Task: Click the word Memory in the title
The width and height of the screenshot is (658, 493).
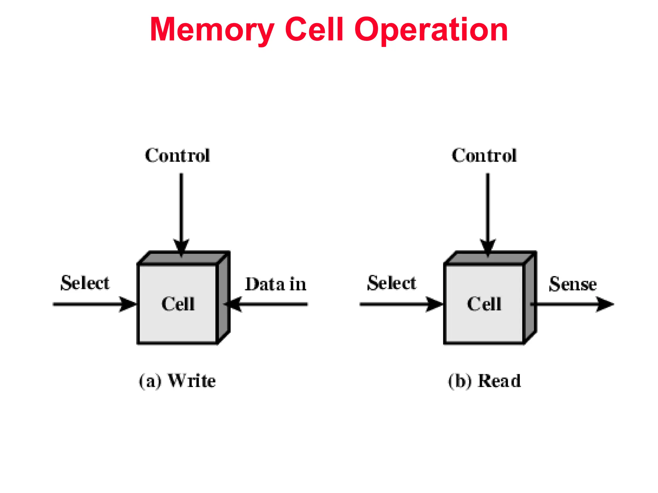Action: pos(212,30)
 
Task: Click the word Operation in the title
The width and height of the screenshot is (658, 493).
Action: pos(431,30)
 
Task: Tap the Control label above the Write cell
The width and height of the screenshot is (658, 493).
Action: pos(177,156)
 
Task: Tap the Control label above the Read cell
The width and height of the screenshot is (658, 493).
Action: pos(484,156)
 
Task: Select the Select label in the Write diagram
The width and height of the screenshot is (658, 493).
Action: pos(85,283)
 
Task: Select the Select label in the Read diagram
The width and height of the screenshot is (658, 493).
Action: pos(392,283)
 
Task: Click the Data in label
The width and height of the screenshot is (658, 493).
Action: pos(276,284)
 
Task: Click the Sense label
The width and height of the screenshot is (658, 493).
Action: pos(573,284)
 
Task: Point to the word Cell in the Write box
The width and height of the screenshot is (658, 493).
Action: pos(178,304)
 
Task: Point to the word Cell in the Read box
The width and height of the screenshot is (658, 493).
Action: pos(484,304)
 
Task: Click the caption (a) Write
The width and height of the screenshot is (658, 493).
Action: pos(177,381)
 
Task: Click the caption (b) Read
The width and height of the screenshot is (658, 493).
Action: pos(485,381)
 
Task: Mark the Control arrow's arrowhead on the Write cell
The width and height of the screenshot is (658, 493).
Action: pos(181,247)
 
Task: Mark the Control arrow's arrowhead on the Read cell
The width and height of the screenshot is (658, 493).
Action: pos(488,247)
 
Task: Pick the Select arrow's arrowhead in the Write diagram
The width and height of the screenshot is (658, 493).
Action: pos(128,304)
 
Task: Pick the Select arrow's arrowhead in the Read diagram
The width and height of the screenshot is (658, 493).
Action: pos(434,304)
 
